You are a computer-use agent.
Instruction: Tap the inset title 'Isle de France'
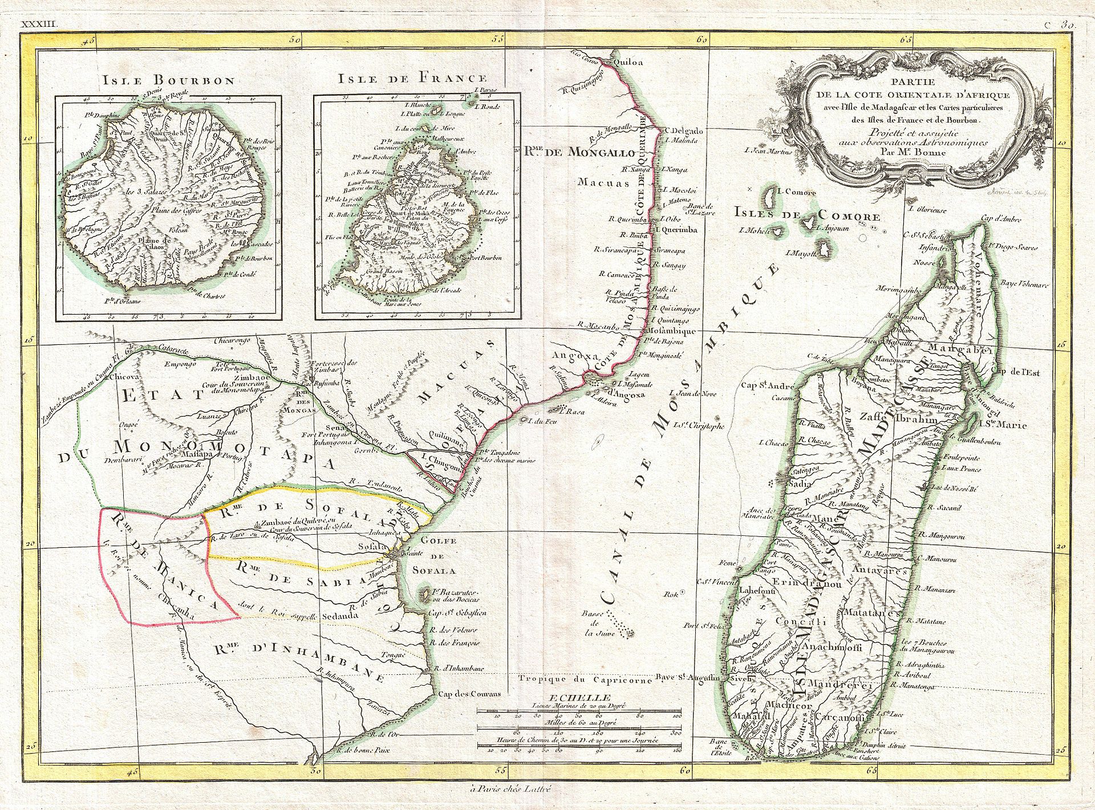click(x=412, y=79)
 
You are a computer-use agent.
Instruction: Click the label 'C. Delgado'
click(x=684, y=131)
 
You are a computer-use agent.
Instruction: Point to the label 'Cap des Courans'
click(x=469, y=694)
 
